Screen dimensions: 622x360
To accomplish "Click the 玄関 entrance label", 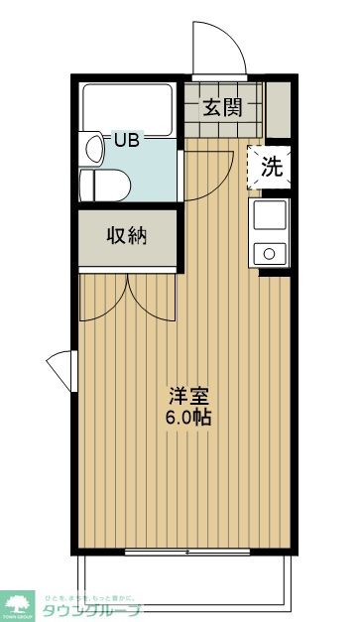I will [223, 108].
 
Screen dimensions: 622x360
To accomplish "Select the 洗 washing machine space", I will [270, 167].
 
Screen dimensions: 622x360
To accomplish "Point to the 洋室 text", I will [187, 394].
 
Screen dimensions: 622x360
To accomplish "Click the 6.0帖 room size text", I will [187, 417].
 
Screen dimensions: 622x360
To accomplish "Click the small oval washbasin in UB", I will [94, 149].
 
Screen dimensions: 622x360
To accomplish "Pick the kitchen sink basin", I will [270, 214].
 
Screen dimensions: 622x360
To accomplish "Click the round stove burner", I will [269, 254].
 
